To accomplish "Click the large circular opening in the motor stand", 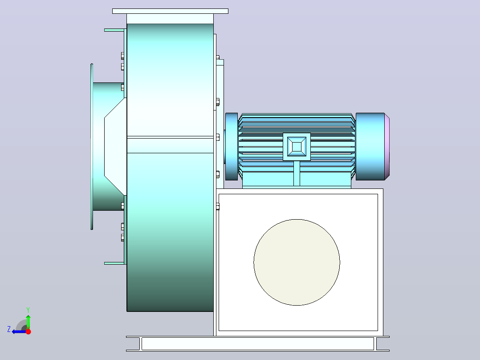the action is click(x=297, y=262).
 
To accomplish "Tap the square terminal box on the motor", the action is click(x=297, y=147).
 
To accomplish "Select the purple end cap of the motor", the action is click(x=387, y=147).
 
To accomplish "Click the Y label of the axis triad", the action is click(x=28, y=310).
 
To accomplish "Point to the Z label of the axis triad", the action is click(x=9, y=329).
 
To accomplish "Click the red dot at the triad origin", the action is click(x=28, y=331).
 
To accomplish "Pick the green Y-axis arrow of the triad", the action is click(x=28, y=322).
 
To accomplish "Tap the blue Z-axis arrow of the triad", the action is click(x=19, y=332).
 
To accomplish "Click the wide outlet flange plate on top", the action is click(x=170, y=11).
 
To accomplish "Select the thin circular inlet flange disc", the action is click(x=92, y=147).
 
